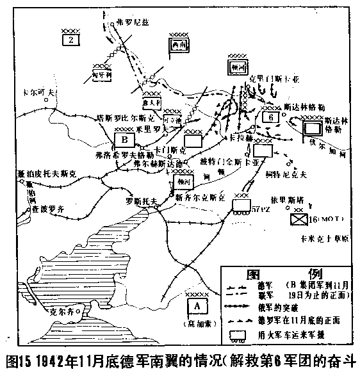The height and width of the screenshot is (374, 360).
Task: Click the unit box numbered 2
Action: tap(71, 40)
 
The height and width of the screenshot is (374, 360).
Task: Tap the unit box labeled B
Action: tap(123, 140)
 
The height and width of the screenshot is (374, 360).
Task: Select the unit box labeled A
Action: tap(197, 304)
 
